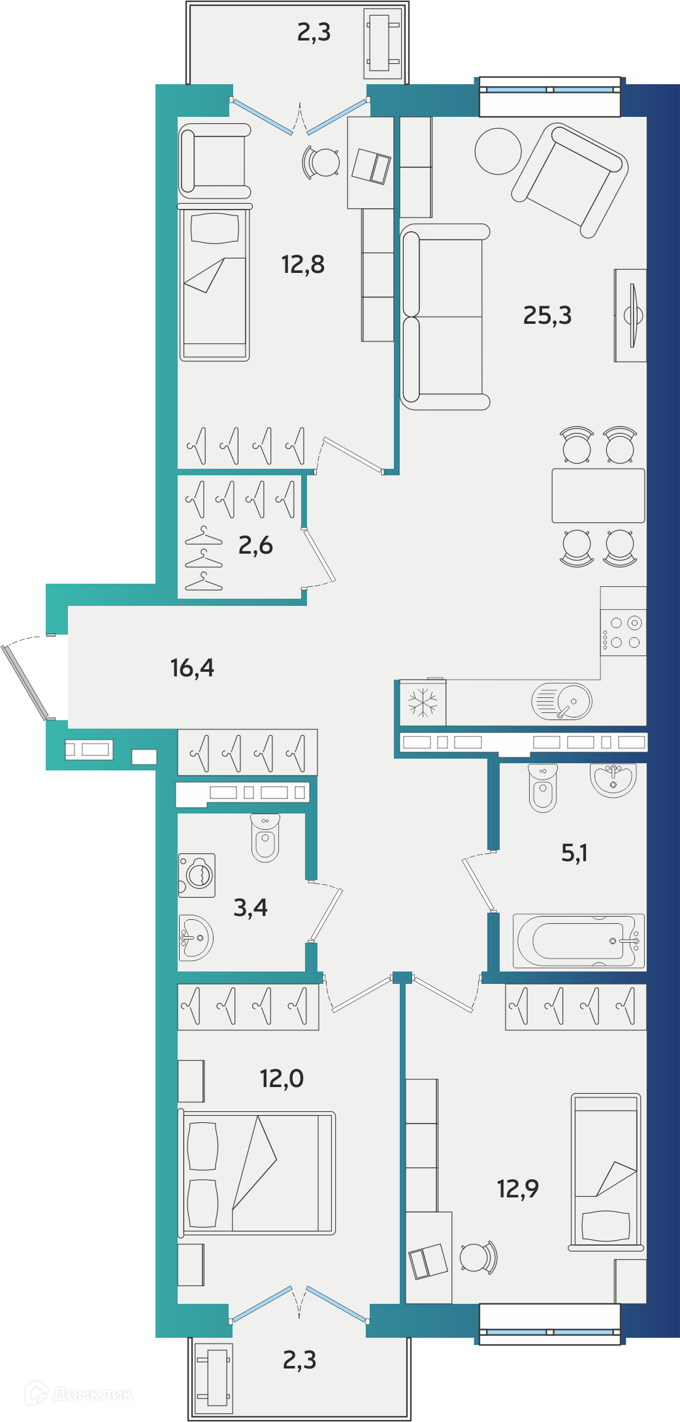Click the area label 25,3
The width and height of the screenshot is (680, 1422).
coord(547,315)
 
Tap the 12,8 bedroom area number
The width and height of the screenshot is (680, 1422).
coord(302,264)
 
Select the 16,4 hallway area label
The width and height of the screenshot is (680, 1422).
coord(192,668)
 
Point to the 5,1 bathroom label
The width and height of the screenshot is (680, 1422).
coord(574,853)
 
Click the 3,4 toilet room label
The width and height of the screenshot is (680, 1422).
coord(250,908)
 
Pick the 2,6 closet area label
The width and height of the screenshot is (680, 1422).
coord(255,545)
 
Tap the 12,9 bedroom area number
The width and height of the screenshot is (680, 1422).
coord(518,1189)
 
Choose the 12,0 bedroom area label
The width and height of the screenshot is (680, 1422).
coord(282,1079)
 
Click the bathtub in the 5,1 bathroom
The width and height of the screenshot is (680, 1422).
coord(579,941)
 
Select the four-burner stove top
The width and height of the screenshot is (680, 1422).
coord(623,633)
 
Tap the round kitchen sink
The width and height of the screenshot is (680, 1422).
coord(562,701)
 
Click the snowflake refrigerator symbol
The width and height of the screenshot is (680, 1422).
coord(423,703)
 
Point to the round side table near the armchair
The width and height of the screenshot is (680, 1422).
coord(498,151)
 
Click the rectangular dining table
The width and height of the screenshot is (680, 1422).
coord(598,496)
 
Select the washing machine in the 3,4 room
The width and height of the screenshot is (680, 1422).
coord(197,875)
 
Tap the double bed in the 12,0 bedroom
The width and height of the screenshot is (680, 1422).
coord(257,1173)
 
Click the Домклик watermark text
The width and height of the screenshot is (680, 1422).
coord(92,1394)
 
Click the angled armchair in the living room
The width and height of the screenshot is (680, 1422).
coord(570,181)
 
